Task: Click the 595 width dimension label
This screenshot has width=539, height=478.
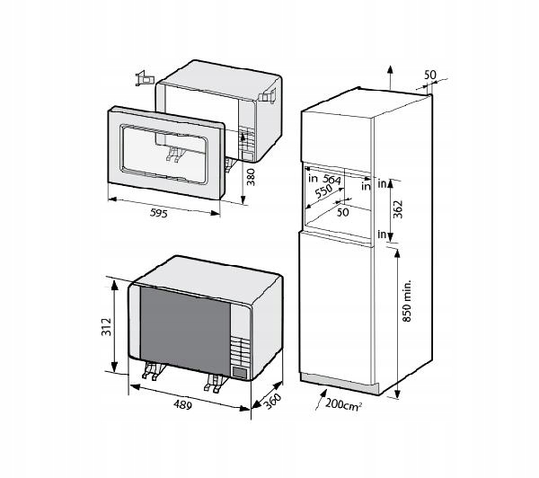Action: [159, 213]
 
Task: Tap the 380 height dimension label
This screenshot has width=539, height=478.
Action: [252, 177]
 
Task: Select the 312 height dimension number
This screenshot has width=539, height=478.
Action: [107, 327]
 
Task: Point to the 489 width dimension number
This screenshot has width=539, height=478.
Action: [182, 404]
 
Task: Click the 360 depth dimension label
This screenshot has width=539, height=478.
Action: [272, 401]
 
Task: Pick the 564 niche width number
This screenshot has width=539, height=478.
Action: [331, 179]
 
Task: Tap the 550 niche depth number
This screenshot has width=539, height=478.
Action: [323, 191]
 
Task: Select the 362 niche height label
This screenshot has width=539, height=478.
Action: [398, 209]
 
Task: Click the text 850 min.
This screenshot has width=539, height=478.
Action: [407, 301]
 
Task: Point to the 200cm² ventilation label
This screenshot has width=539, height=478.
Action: [343, 403]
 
